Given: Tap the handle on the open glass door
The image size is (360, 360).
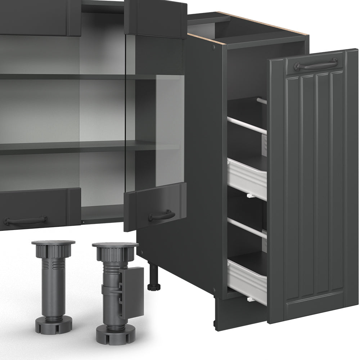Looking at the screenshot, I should coord(162,215).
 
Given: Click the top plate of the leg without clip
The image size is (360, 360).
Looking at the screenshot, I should coord(53,243).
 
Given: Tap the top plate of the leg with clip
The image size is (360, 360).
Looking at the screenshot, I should coord(115,245).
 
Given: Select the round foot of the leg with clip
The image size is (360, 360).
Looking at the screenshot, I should coord(115,333).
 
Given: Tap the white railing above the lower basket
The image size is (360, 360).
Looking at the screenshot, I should coord(247,228).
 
